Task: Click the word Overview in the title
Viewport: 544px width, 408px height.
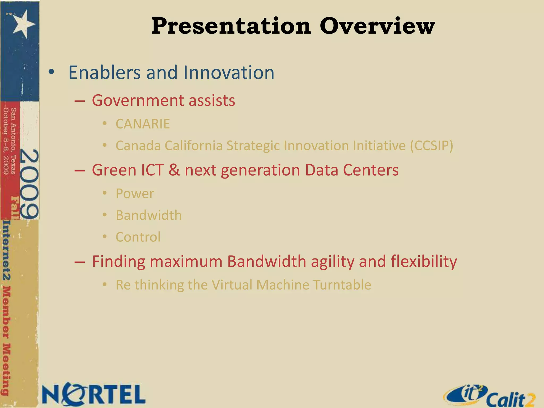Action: (x=377, y=26)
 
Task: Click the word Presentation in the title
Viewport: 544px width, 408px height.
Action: (x=231, y=26)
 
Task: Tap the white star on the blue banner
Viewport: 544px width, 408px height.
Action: (x=23, y=24)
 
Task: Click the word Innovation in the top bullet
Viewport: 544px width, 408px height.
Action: (x=228, y=72)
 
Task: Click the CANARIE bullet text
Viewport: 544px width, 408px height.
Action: (x=143, y=124)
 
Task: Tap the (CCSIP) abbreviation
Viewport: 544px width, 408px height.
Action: (x=431, y=146)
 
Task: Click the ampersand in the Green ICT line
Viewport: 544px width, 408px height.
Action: (x=174, y=170)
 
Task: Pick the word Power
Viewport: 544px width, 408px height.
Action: (x=135, y=193)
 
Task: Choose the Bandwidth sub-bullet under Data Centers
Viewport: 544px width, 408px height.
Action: (x=148, y=215)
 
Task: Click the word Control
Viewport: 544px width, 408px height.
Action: (x=138, y=237)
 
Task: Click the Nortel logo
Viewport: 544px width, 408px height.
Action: (x=93, y=394)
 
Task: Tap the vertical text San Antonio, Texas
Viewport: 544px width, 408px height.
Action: (x=13, y=141)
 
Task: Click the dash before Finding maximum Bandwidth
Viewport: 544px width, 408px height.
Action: (x=80, y=262)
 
